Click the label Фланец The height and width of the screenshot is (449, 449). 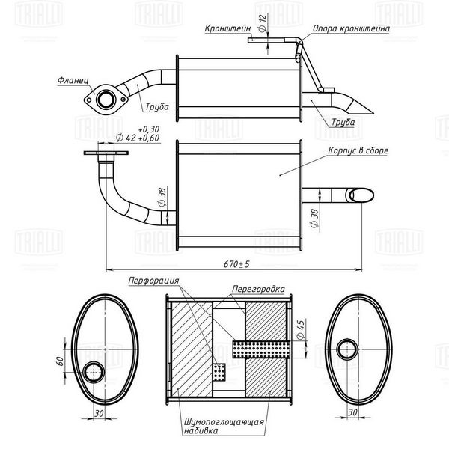click(73, 80)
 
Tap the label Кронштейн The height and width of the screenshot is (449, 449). click(227, 28)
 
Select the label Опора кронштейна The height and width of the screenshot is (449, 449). click(351, 28)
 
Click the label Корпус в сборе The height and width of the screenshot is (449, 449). click(358, 150)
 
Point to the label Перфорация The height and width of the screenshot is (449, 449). click(153, 281)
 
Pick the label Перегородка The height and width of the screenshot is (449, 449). click(258, 289)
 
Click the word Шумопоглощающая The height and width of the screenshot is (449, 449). click(224, 422)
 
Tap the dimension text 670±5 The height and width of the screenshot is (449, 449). click(236, 264)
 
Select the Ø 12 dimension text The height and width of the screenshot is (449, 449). click(263, 23)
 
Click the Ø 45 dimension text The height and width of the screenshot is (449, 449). click(301, 329)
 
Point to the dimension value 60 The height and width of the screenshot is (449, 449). click(59, 361)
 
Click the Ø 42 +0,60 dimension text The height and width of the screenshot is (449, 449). click(138, 138)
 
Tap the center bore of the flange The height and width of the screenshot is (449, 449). click(106, 99)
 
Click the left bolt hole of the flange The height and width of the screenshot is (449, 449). click(89, 100)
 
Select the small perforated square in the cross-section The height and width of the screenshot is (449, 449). click(219, 372)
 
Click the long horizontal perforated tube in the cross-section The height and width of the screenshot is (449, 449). click(260, 349)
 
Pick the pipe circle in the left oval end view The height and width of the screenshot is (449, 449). click(94, 372)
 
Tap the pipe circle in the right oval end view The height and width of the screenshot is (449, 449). click(348, 349)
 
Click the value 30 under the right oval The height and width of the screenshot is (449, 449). click(352, 412)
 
